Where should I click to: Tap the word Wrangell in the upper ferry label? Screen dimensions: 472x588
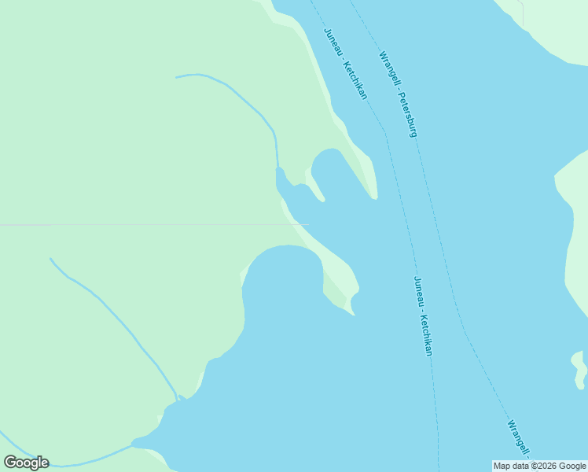(x=388, y=69)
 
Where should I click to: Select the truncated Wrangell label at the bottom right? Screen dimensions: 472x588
(x=518, y=439)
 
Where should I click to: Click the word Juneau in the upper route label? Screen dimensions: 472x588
(x=333, y=44)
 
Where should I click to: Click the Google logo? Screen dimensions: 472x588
(x=26, y=462)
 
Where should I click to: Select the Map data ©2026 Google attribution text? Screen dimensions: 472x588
(x=539, y=466)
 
